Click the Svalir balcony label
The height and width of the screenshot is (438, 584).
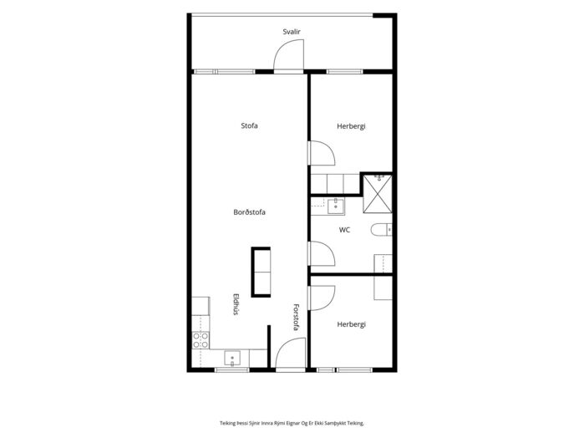pyautogui.click(x=292, y=32)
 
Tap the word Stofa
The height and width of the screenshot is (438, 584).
pyautogui.click(x=249, y=125)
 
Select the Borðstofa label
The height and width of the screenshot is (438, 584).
pyautogui.click(x=249, y=212)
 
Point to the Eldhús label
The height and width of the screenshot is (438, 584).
pyautogui.click(x=236, y=304)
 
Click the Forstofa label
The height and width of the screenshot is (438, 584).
pyautogui.click(x=296, y=318)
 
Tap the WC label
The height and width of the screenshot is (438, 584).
pyautogui.click(x=344, y=230)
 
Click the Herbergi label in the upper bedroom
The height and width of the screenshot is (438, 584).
pyautogui.click(x=351, y=126)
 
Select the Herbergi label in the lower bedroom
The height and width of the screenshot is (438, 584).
pyautogui.click(x=351, y=324)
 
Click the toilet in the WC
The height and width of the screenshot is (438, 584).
pyautogui.click(x=381, y=230)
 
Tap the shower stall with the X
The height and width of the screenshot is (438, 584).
pyautogui.click(x=378, y=194)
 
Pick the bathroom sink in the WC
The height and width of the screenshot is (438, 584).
pyautogui.click(x=336, y=206)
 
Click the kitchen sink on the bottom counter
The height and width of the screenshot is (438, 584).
pyautogui.click(x=232, y=359)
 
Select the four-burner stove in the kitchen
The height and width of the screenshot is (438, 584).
pyautogui.click(x=201, y=340)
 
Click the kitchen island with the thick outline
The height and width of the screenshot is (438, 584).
pyautogui.click(x=261, y=272)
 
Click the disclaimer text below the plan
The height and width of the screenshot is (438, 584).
pyautogui.click(x=292, y=423)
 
